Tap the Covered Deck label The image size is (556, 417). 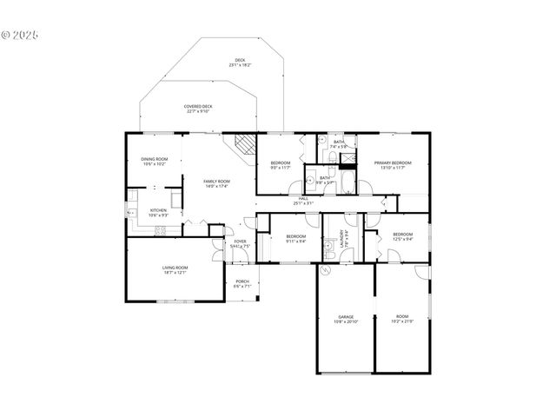click(199, 107)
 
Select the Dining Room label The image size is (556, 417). click(155, 159)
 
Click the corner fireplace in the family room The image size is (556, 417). click(243, 145)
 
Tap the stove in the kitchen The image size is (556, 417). click(160, 230)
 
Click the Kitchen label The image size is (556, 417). click(158, 210)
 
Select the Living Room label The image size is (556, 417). click(175, 268)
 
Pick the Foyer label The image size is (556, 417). click(239, 242)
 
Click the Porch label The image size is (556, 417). click(242, 281)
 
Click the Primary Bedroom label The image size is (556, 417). click(393, 163)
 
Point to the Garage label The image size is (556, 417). click(346, 317)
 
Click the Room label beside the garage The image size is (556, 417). click(401, 317)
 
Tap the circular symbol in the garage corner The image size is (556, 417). click(327, 271)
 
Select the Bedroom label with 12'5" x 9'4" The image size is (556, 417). click(401, 235)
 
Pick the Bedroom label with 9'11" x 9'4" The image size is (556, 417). click(296, 237)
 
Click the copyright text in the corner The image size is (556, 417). click(20, 36)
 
